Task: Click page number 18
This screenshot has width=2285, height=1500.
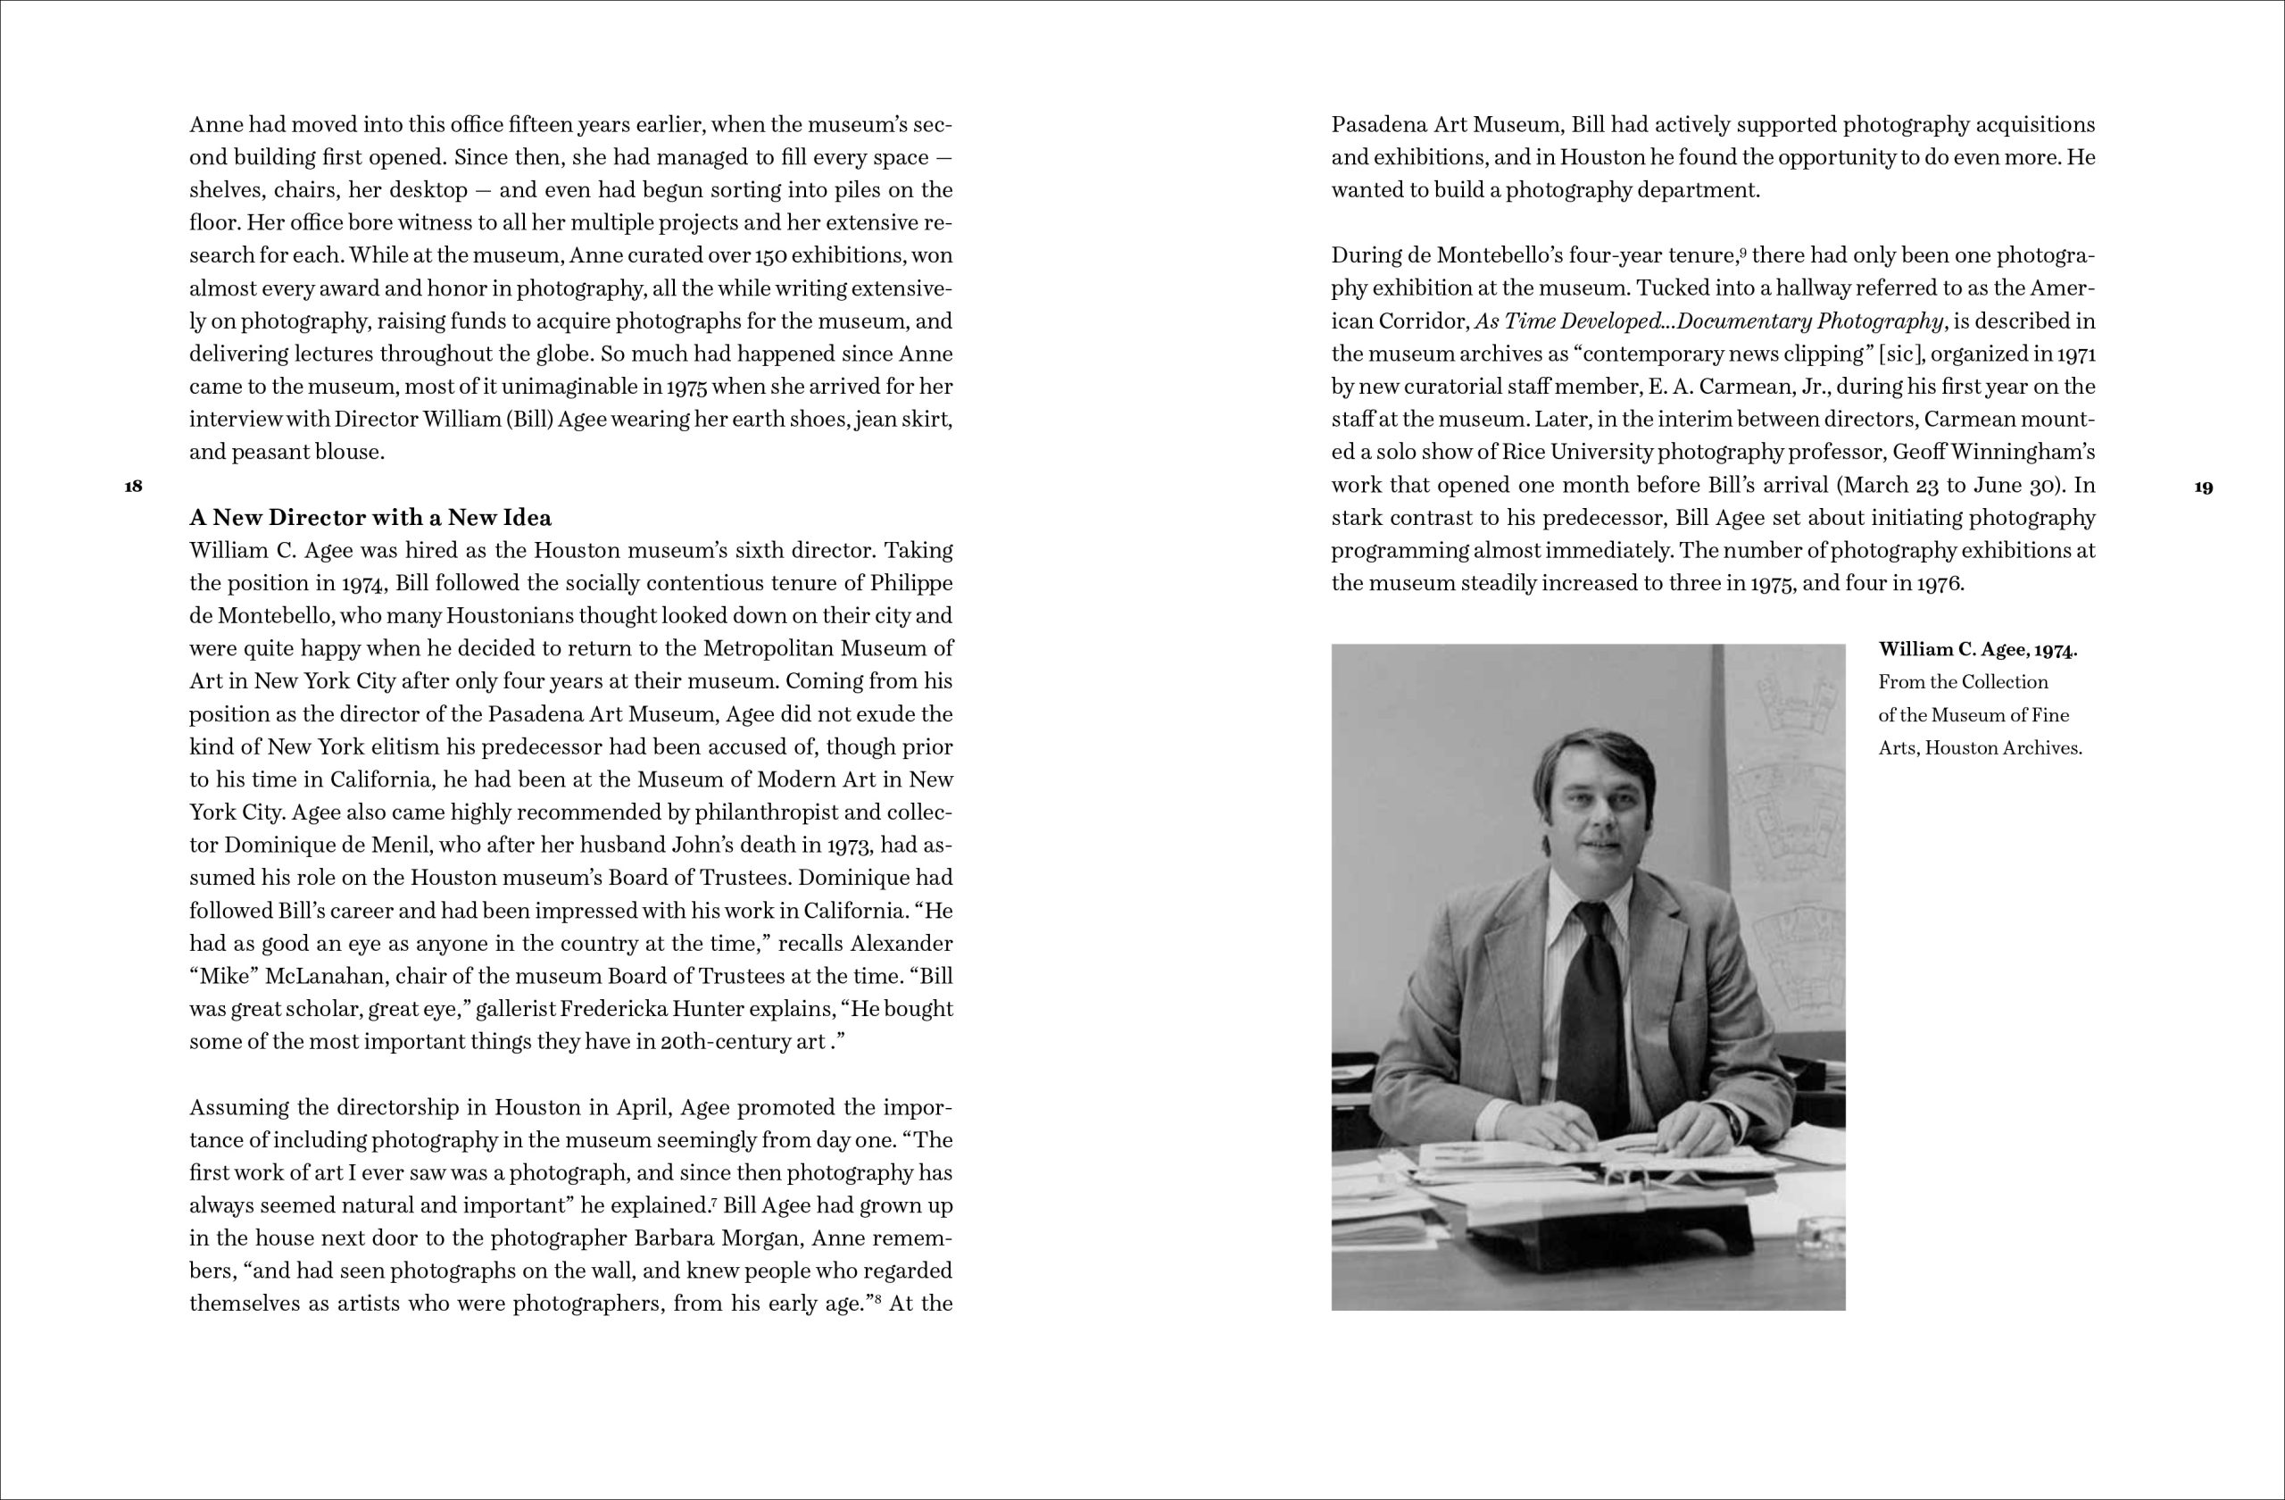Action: click(134, 486)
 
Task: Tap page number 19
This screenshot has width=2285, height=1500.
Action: click(2205, 487)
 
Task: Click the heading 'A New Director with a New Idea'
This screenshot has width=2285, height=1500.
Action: click(370, 518)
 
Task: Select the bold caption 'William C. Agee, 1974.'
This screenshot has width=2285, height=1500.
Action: click(1978, 649)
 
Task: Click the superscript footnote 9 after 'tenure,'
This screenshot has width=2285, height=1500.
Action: click(1742, 252)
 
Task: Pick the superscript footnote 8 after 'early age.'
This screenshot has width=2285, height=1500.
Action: click(877, 1299)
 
